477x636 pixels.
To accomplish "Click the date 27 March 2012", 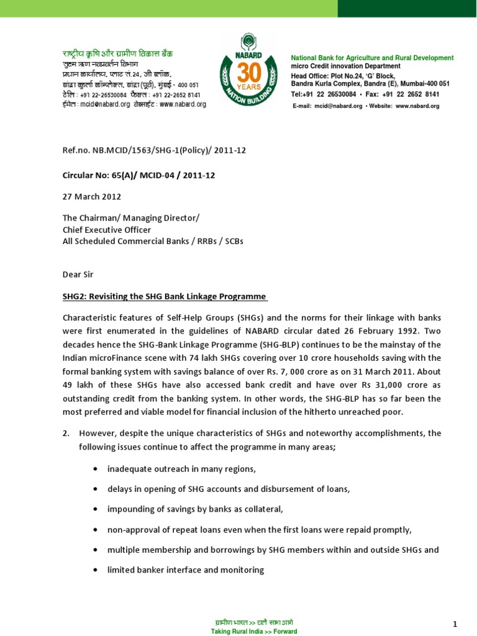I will pyautogui.click(x=92, y=196).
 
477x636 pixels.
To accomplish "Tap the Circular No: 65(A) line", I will pyautogui.click(x=139, y=175).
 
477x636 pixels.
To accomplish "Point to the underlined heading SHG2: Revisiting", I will pyautogui.click(x=165, y=296).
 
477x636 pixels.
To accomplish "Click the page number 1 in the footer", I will pyautogui.click(x=455, y=623).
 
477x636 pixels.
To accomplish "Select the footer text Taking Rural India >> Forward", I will pyautogui.click(x=254, y=631).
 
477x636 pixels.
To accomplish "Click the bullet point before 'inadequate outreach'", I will pyautogui.click(x=94, y=469).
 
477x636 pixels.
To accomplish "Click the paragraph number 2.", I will pyautogui.click(x=66, y=432).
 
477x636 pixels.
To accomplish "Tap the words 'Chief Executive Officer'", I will pyautogui.click(x=107, y=229).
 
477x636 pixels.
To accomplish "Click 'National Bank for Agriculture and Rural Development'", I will pyautogui.click(x=372, y=58).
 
